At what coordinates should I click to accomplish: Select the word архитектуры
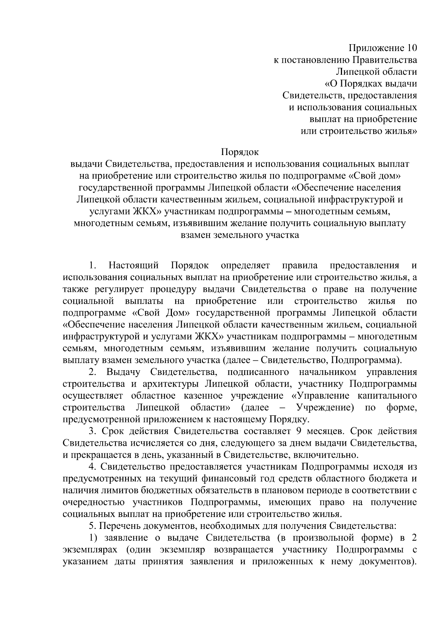pos(170,384)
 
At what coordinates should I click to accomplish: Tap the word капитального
pos(387,396)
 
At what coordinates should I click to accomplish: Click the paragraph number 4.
pos(91,467)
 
